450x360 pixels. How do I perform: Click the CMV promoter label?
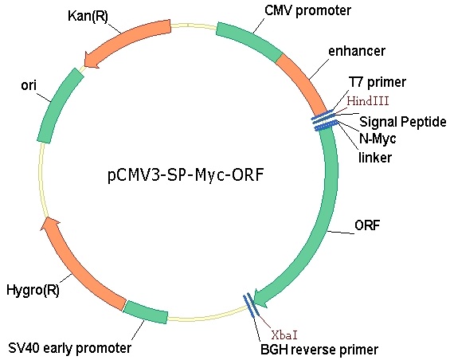pyautogui.click(x=307, y=10)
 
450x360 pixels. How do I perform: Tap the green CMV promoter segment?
pyautogui.click(x=249, y=41)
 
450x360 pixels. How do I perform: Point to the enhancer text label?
pyautogui.click(x=357, y=51)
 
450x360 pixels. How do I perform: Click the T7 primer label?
pyautogui.click(x=377, y=82)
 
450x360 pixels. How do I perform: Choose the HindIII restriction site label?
pyautogui.click(x=368, y=101)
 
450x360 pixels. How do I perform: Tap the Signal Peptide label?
pyautogui.click(x=403, y=122)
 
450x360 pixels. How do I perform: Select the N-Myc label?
pyautogui.click(x=378, y=139)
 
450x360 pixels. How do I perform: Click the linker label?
pyautogui.click(x=375, y=158)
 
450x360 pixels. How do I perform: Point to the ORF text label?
pyautogui.click(x=367, y=225)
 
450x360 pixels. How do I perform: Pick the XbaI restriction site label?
pyautogui.click(x=284, y=335)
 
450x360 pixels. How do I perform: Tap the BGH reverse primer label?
pyautogui.click(x=319, y=350)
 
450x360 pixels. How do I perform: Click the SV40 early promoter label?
pyautogui.click(x=70, y=348)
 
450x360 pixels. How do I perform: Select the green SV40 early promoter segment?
pyautogui.click(x=146, y=311)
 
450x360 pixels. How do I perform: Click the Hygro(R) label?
pyautogui.click(x=33, y=290)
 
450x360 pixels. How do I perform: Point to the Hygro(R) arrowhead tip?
pyautogui.click(x=47, y=217)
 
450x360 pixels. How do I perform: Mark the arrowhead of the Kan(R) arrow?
pyautogui.click(x=92, y=61)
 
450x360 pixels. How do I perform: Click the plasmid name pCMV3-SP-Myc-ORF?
pyautogui.click(x=186, y=175)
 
